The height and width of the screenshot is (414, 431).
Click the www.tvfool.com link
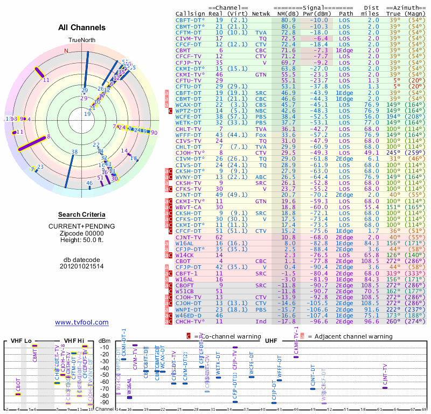tap(82, 322)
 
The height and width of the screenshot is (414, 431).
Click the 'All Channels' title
tap(82, 27)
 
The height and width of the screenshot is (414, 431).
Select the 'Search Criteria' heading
tap(82, 215)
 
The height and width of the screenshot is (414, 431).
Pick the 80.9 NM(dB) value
tap(288, 20)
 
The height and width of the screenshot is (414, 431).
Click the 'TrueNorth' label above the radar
tap(82, 40)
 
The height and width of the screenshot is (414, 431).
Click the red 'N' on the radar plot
tap(66, 51)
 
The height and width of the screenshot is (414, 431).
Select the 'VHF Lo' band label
tap(20, 341)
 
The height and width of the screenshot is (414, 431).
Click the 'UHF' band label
tap(271, 341)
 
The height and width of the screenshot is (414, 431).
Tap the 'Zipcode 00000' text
tap(82, 232)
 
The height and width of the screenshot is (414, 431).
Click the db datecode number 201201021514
tap(82, 266)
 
